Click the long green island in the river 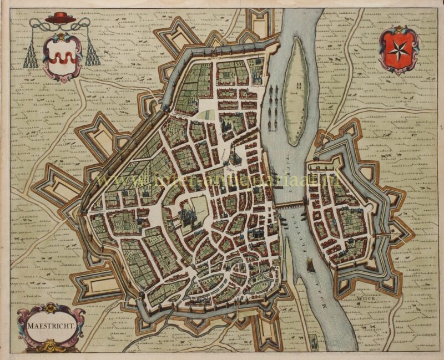point(295,83)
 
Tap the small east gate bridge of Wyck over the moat point(384,235)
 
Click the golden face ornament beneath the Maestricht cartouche point(51,346)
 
